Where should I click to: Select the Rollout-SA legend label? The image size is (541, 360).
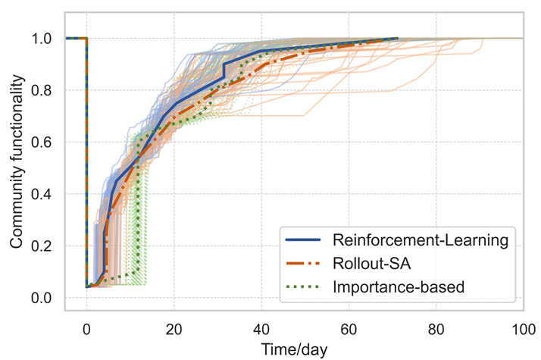click(375, 263)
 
